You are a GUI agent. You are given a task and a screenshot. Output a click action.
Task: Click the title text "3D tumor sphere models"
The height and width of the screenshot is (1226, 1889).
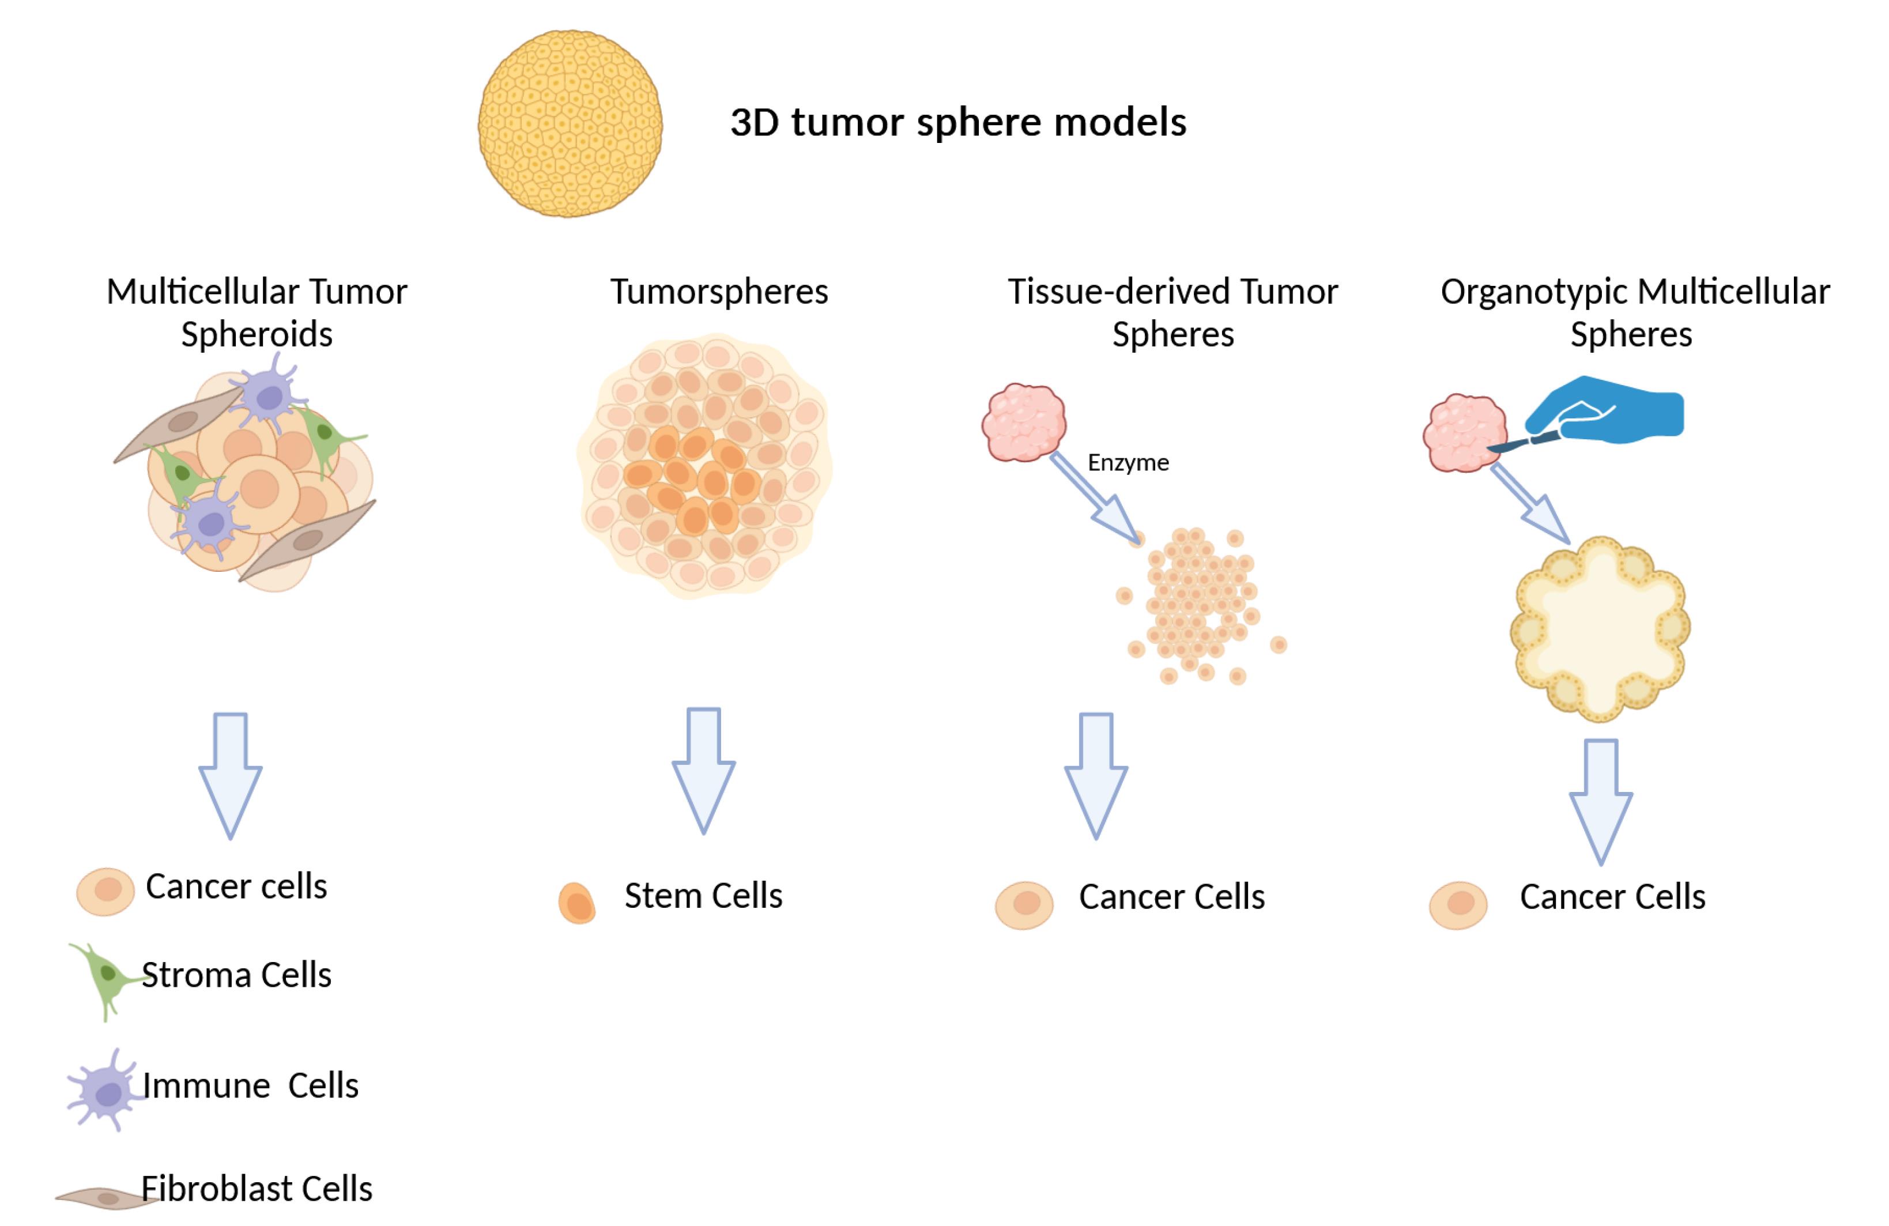click(x=958, y=123)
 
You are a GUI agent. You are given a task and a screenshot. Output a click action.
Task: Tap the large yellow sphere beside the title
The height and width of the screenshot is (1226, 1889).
click(x=570, y=124)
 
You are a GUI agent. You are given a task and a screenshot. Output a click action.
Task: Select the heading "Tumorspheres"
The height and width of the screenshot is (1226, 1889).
click(x=719, y=292)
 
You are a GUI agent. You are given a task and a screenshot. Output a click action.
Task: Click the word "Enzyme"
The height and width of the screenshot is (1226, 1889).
click(x=1128, y=463)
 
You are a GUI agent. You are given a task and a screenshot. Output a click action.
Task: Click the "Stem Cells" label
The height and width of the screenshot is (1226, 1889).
click(x=703, y=896)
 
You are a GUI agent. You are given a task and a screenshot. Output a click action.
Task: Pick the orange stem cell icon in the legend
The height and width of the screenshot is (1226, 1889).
click(x=577, y=903)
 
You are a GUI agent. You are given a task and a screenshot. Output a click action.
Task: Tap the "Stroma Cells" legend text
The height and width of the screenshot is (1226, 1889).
click(x=236, y=975)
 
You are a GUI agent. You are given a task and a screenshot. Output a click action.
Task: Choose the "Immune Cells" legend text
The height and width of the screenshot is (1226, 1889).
click(x=251, y=1085)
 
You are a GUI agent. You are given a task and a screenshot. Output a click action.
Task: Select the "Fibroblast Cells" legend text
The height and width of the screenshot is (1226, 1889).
click(x=257, y=1189)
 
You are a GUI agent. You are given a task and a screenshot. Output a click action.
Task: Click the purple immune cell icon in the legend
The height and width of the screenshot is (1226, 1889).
click(x=107, y=1092)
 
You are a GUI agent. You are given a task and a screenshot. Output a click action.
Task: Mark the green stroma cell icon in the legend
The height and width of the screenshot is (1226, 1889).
click(x=107, y=976)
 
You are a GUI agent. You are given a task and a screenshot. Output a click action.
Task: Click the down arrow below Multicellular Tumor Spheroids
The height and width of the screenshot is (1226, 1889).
click(x=230, y=774)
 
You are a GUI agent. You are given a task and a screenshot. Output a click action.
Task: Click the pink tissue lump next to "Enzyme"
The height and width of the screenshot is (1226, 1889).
click(x=1024, y=422)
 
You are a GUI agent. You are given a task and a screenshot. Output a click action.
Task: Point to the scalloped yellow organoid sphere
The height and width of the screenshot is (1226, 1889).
click(x=1599, y=628)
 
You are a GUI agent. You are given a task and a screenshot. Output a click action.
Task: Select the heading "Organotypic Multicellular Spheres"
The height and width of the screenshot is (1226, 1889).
click(x=1634, y=312)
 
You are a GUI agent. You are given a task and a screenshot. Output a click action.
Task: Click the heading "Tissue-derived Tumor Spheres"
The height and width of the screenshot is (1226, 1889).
click(x=1172, y=312)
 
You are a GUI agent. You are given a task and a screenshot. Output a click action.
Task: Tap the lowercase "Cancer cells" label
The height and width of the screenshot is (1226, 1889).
click(x=236, y=887)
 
